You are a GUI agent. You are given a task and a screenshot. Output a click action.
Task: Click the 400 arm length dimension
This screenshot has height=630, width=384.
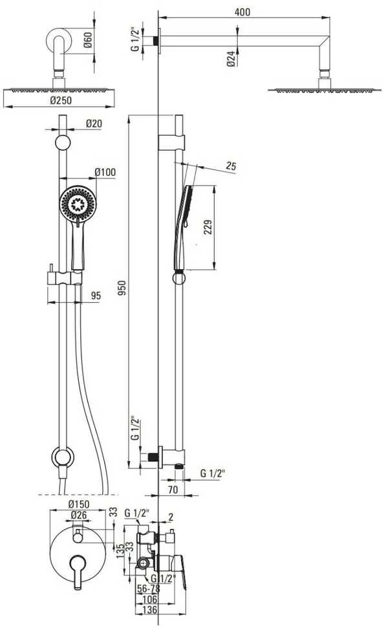[x=242, y=12]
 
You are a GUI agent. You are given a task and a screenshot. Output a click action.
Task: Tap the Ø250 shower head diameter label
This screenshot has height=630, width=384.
[x=61, y=100]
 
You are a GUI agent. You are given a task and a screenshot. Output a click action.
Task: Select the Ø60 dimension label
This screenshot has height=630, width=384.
[x=88, y=39]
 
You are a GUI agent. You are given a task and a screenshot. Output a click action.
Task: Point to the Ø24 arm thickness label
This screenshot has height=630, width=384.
[x=231, y=59]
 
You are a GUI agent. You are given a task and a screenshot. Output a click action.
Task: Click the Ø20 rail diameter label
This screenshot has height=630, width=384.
[x=94, y=124]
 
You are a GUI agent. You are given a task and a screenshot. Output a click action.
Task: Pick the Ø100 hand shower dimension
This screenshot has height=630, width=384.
[x=105, y=172]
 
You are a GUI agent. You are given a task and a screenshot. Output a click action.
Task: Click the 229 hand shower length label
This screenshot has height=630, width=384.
[x=208, y=228]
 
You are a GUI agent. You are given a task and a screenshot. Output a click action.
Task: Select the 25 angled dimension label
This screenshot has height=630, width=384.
[x=231, y=166]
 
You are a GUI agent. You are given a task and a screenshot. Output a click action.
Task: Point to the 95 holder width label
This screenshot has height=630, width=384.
[x=96, y=296]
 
